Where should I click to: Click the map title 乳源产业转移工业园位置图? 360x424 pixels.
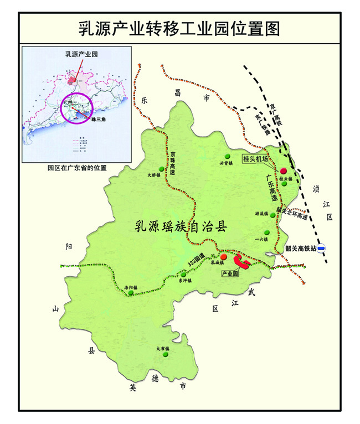pyautogui.click(x=178, y=27)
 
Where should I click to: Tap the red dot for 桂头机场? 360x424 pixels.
pyautogui.click(x=284, y=171)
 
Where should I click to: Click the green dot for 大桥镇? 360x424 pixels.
pyautogui.click(x=161, y=168)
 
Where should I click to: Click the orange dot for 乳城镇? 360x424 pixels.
pyautogui.click(x=223, y=257)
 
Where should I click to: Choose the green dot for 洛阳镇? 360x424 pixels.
pyautogui.click(x=131, y=293)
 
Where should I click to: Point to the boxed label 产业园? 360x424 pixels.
pyautogui.click(x=229, y=274)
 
